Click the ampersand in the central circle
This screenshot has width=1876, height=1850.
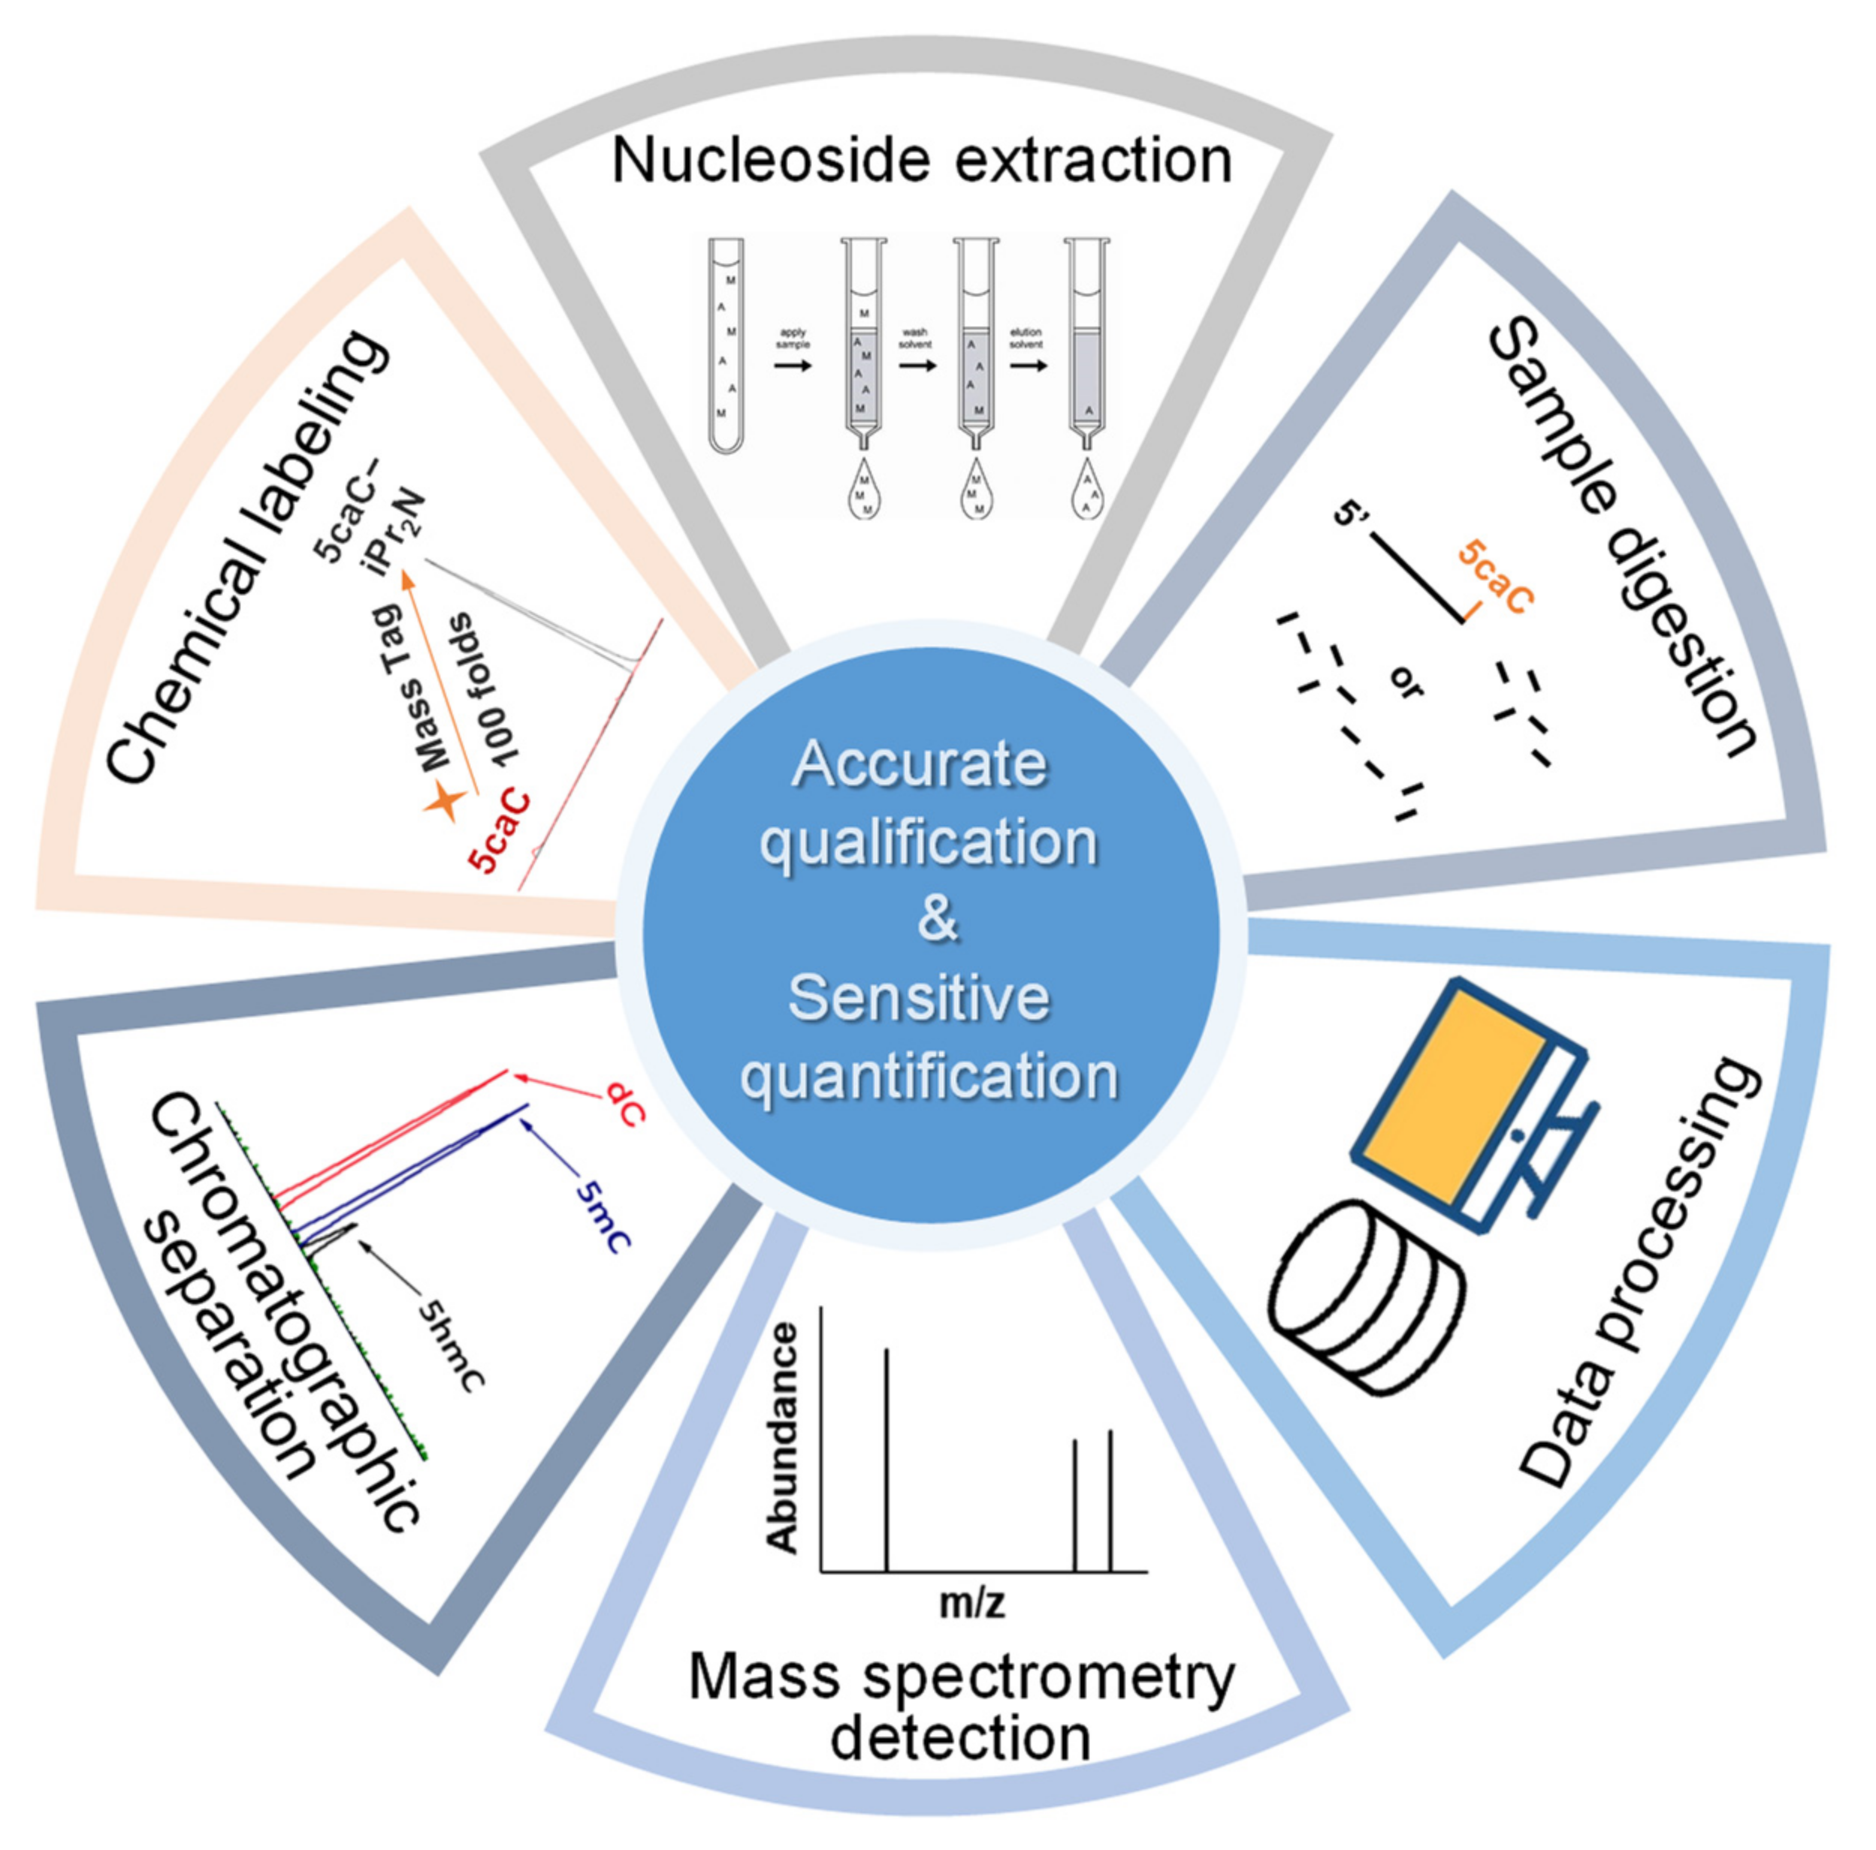pyautogui.click(x=937, y=918)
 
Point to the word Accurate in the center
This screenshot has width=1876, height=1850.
pyautogui.click(x=920, y=765)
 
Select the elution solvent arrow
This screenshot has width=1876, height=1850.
pyautogui.click(x=1027, y=366)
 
